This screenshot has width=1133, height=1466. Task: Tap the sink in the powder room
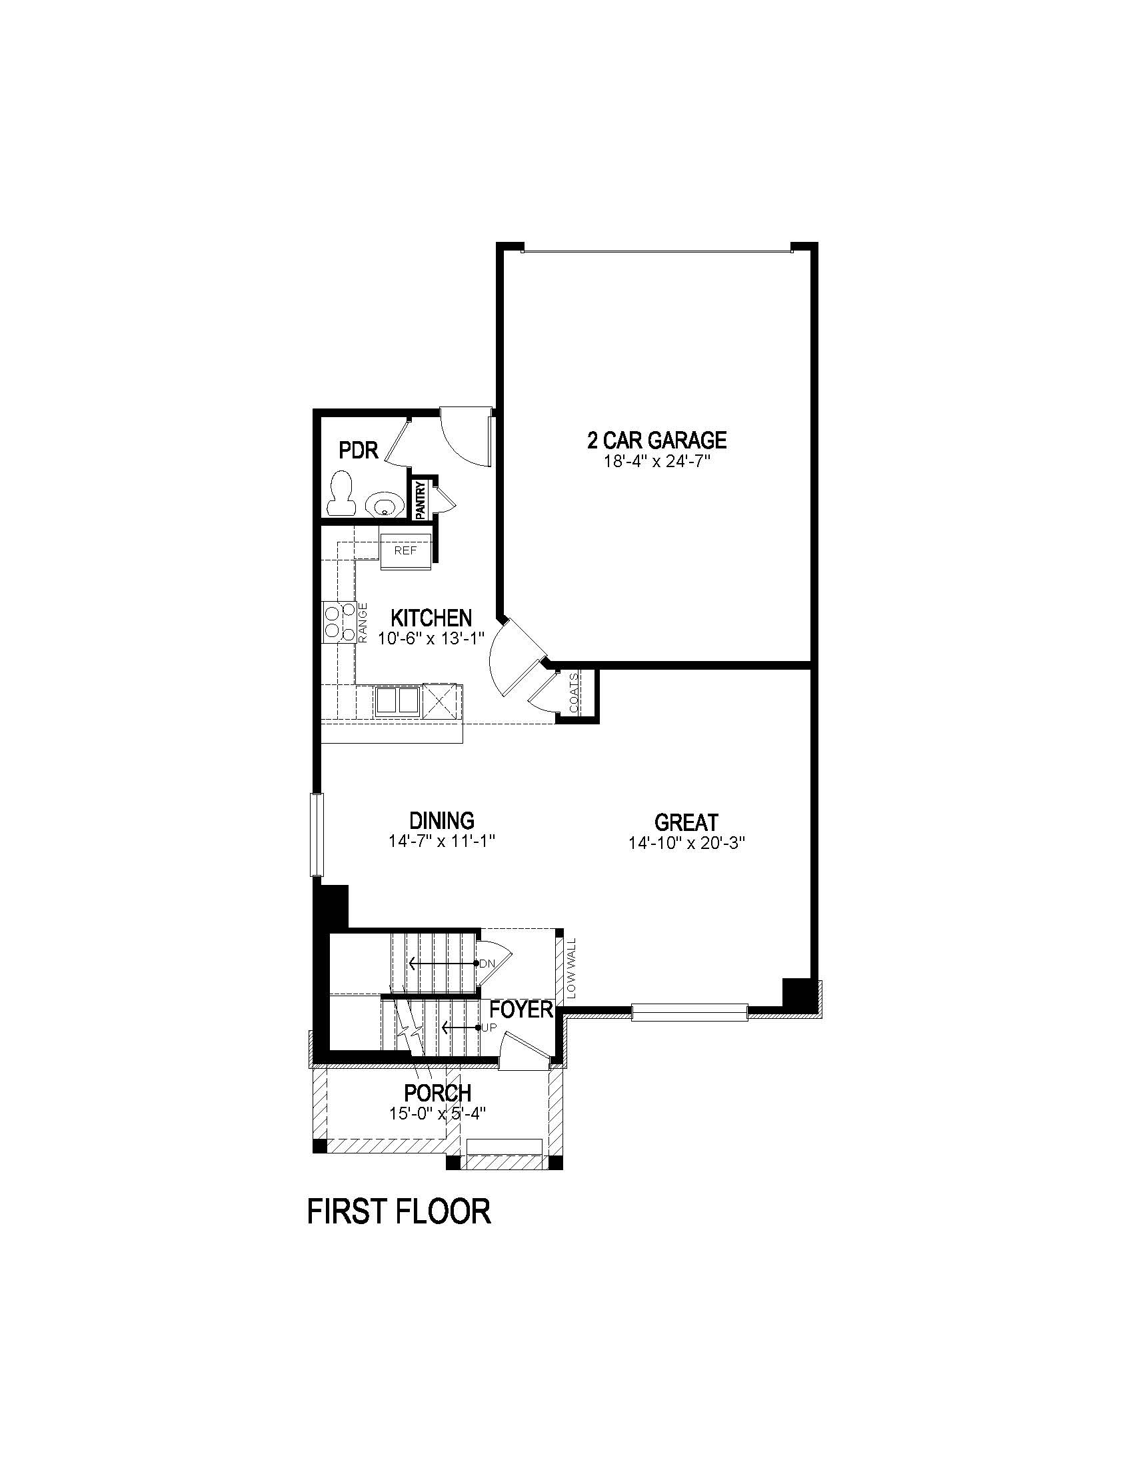[x=384, y=502]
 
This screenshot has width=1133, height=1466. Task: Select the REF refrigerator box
[x=405, y=550]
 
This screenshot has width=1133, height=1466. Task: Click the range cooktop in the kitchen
[x=339, y=621]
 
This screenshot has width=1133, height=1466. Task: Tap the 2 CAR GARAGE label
[x=656, y=440]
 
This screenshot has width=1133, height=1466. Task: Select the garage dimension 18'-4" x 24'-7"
[x=656, y=461]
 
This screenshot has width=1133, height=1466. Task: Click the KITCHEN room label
[x=431, y=618]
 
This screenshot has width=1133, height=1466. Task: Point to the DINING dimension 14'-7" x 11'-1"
[x=442, y=841]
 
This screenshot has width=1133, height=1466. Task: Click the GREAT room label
[x=686, y=822]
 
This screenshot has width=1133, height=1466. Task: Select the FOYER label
[x=521, y=1009]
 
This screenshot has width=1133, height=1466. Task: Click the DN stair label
[x=487, y=964]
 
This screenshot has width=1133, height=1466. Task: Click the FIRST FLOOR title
[x=399, y=1211]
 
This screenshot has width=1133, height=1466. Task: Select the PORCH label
[x=437, y=1093]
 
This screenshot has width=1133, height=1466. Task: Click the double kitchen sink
[x=397, y=700]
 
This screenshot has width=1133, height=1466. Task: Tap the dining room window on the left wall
[x=317, y=834]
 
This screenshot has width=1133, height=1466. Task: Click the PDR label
[x=359, y=450]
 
